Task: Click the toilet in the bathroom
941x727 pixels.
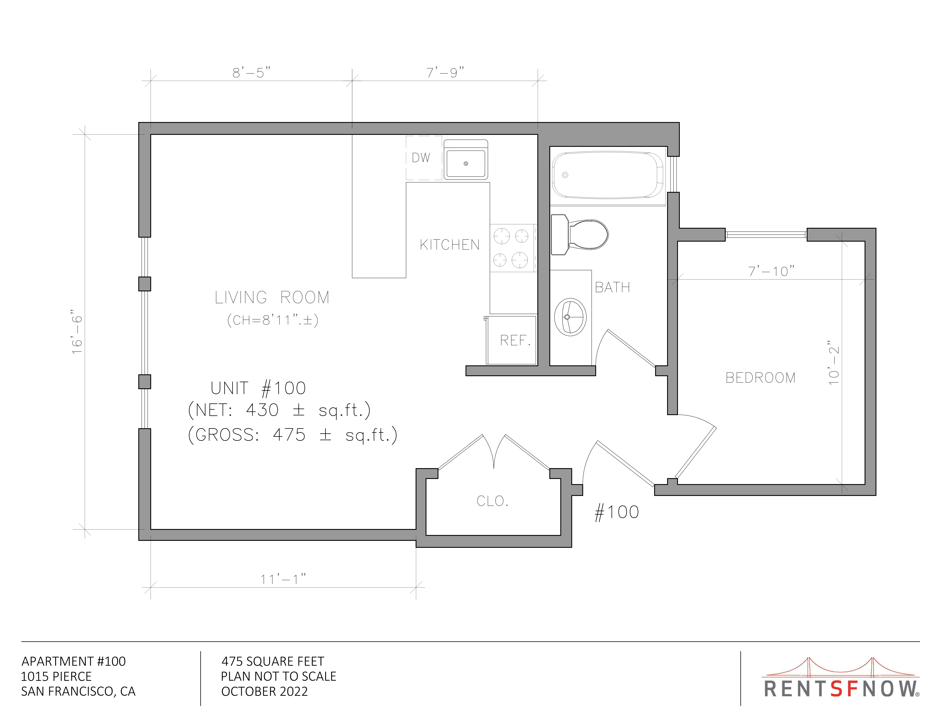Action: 580,235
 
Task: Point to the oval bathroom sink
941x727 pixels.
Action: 570,317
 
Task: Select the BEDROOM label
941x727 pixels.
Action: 760,378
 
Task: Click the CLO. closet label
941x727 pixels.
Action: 492,501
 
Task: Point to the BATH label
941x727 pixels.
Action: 612,287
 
